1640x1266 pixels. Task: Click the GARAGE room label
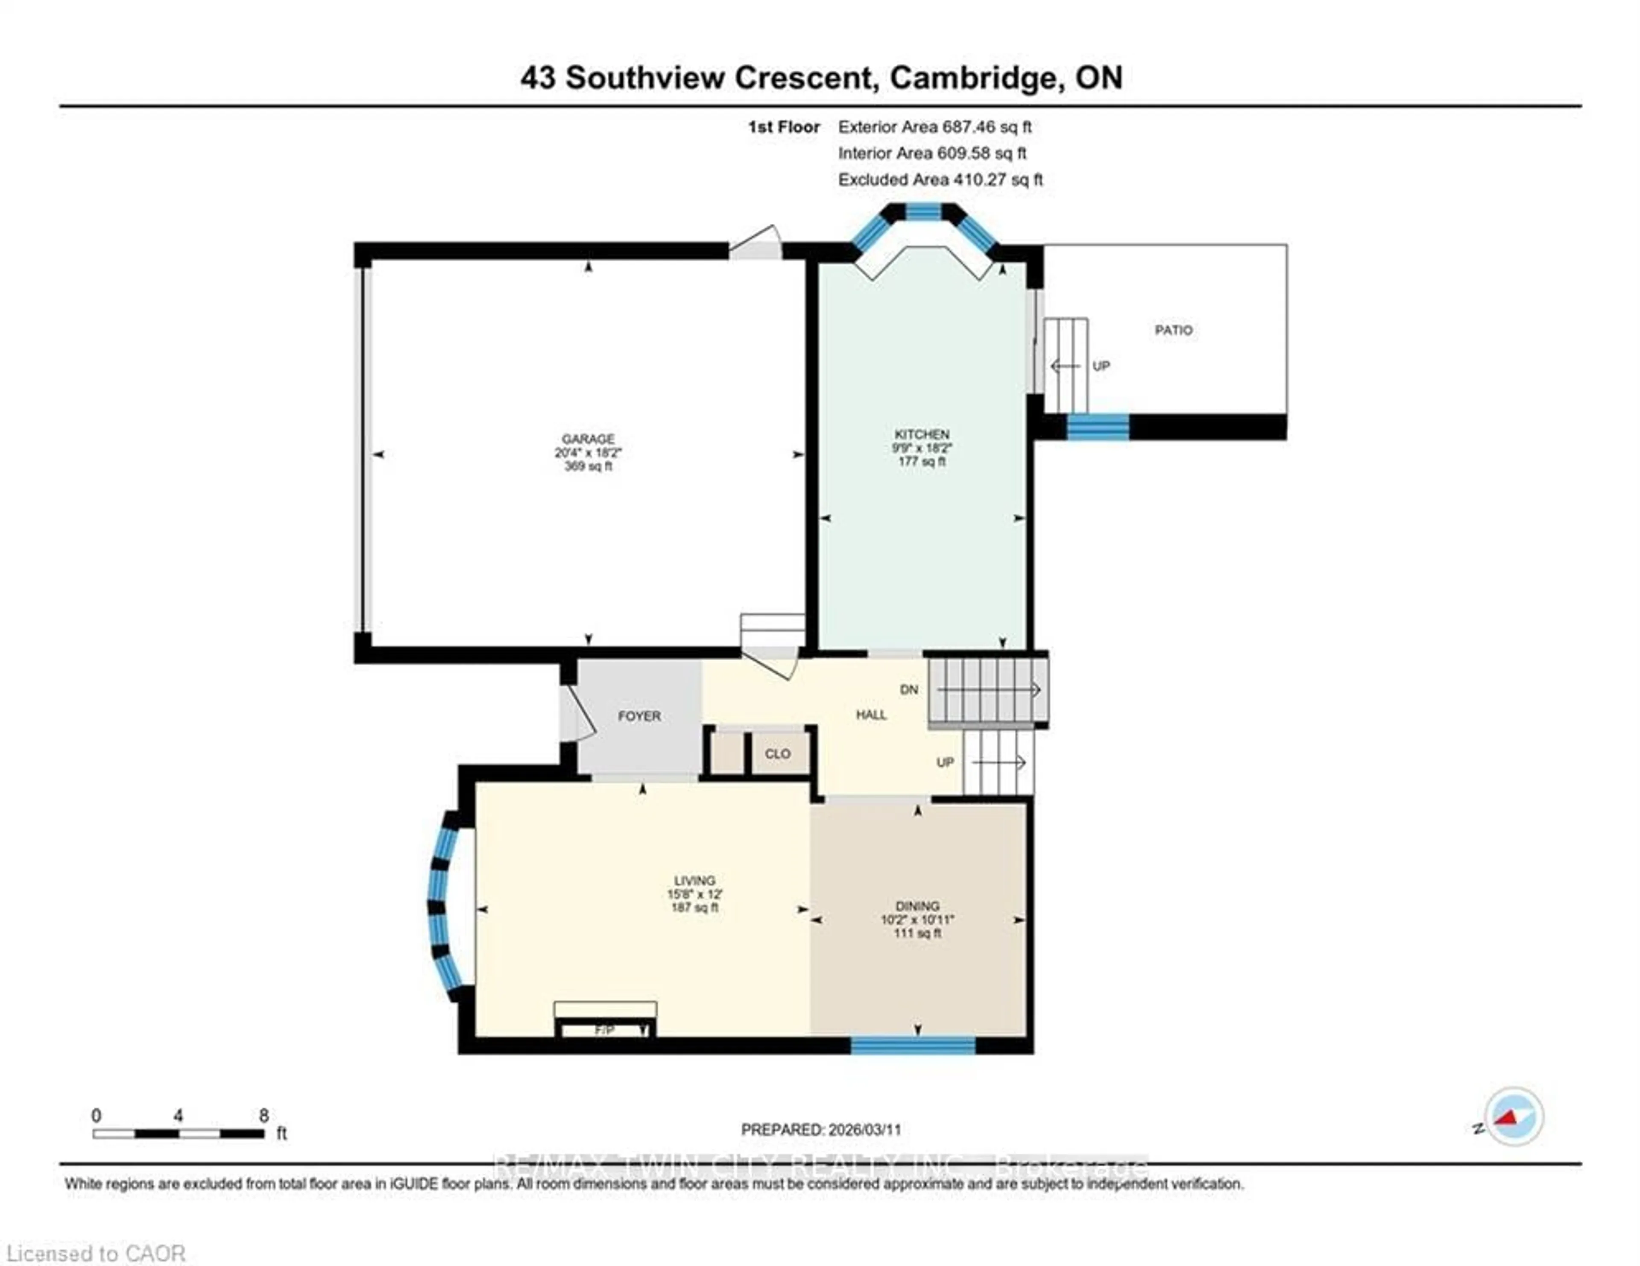[x=588, y=439]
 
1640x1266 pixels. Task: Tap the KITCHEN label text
[x=921, y=434]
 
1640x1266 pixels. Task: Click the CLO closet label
[x=777, y=753]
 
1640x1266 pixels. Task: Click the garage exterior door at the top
[x=756, y=243]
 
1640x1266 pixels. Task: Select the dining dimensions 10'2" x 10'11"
[x=917, y=919]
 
